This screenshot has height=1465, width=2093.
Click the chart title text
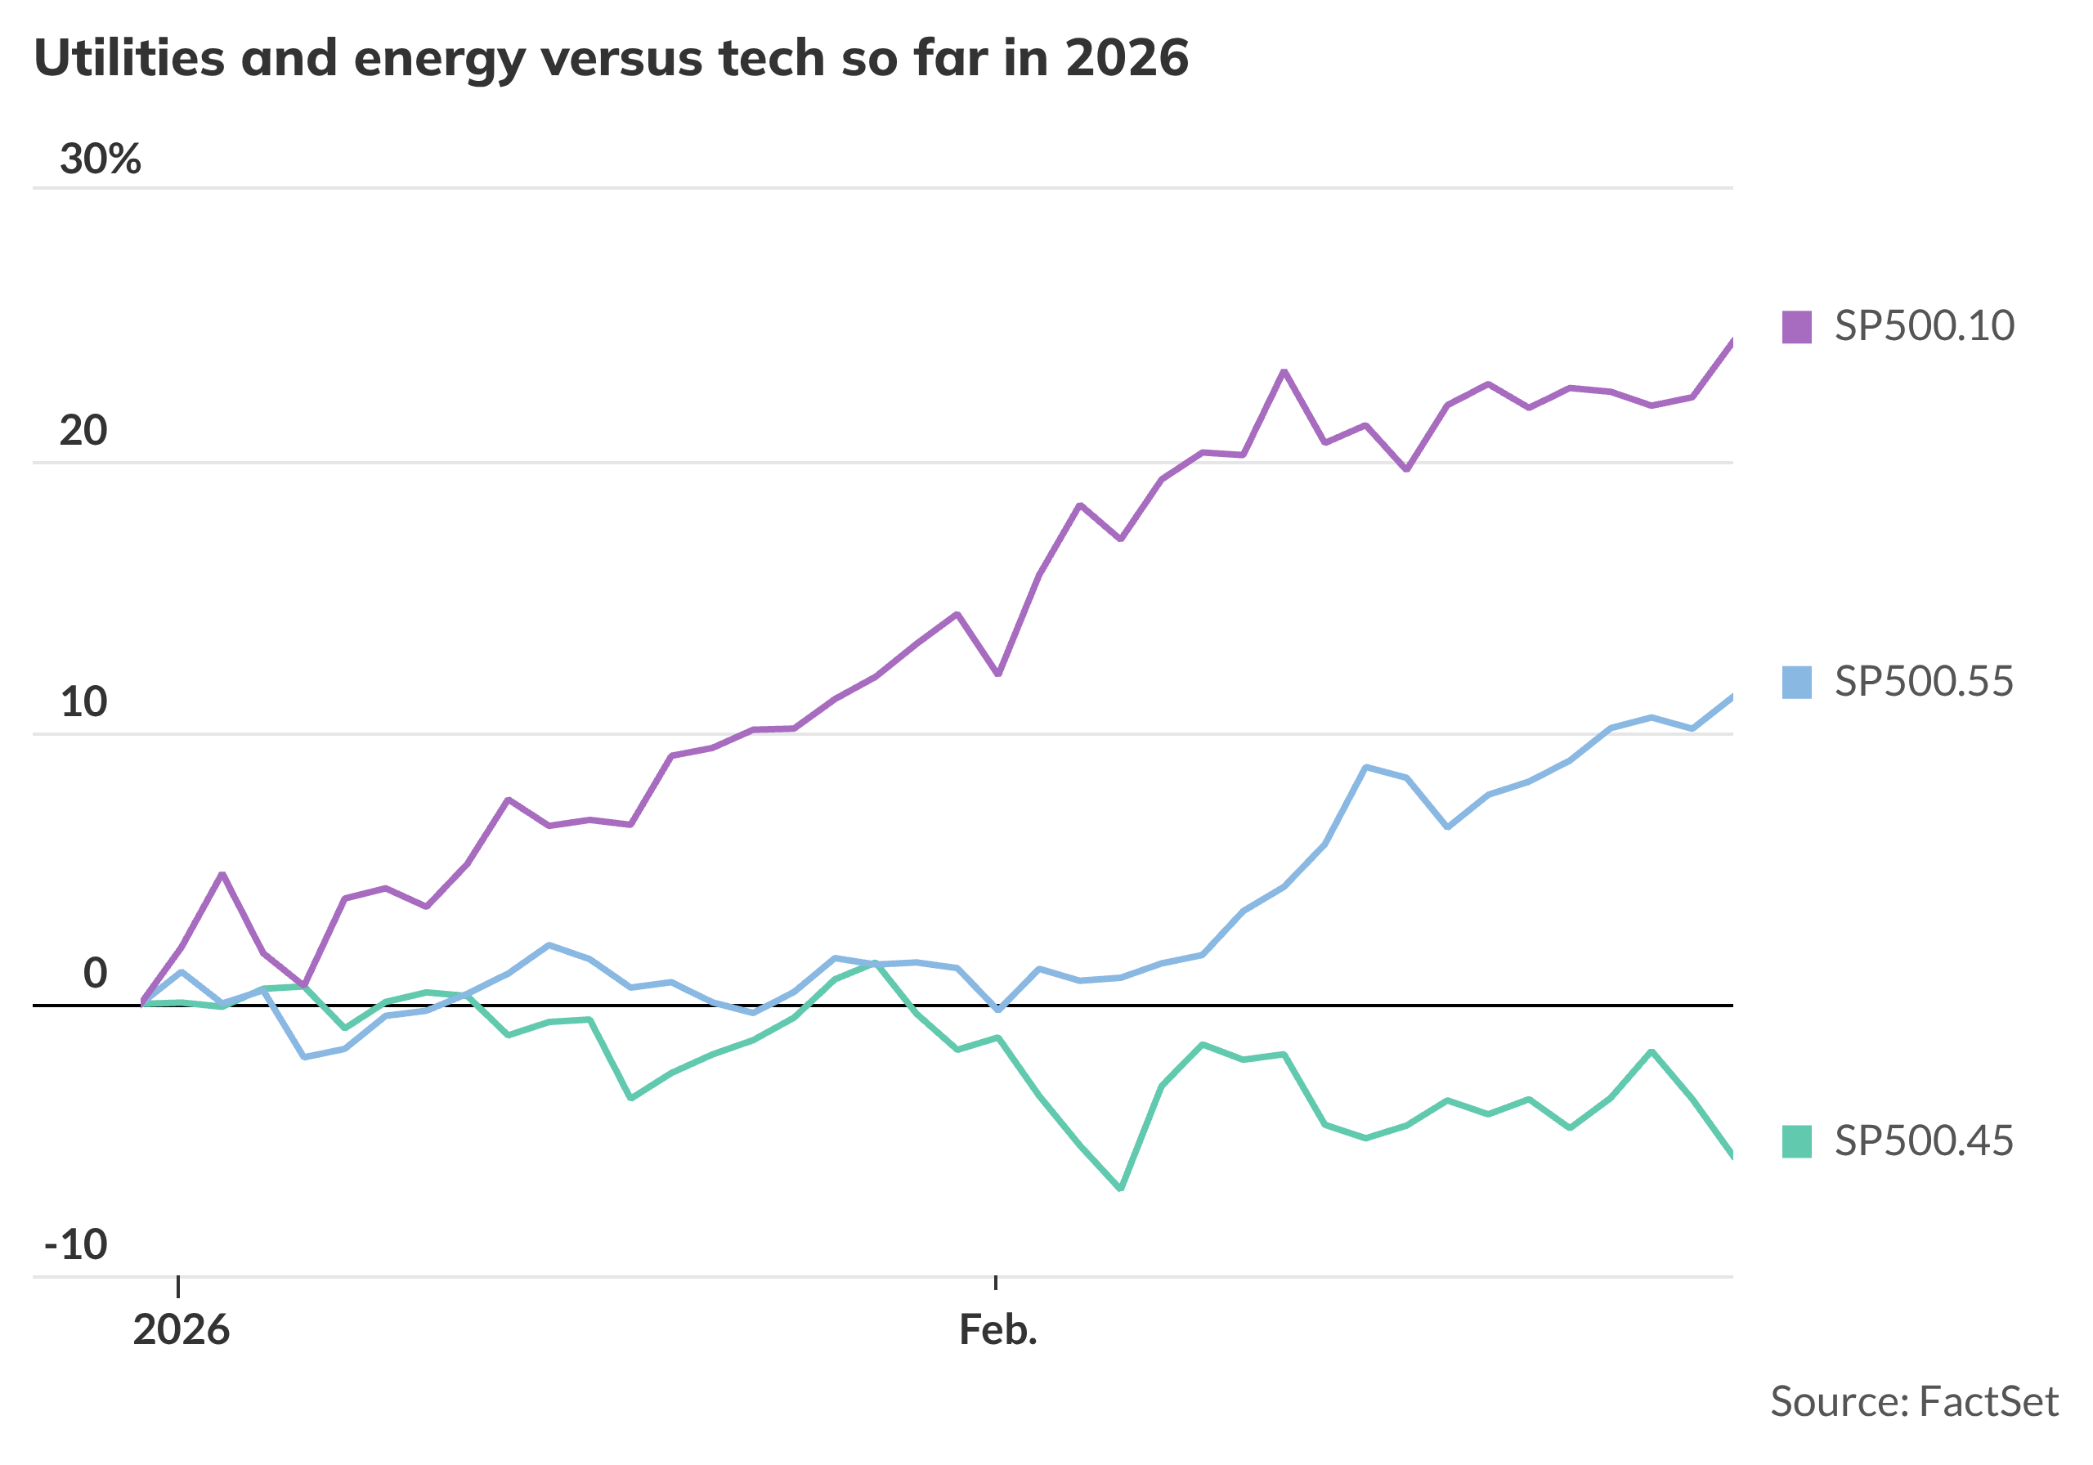[x=611, y=58]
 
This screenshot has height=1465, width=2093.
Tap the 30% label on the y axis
[x=101, y=159]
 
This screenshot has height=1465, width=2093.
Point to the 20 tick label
[x=83, y=430]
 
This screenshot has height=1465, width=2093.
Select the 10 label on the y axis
[x=83, y=702]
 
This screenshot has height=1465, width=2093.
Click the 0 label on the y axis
[x=95, y=974]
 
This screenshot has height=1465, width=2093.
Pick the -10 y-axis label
[x=76, y=1244]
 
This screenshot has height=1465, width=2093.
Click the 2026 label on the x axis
[x=181, y=1330]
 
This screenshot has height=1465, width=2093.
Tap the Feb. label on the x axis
[x=998, y=1330]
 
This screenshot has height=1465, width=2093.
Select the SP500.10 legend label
[x=1925, y=325]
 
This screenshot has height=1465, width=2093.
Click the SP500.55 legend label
[x=1925, y=681]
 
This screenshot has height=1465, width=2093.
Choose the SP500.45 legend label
[x=1925, y=1140]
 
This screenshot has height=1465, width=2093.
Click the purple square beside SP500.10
[x=1797, y=326]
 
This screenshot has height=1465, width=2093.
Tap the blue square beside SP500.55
[x=1797, y=682]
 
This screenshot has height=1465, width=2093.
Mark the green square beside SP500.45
[x=1797, y=1141]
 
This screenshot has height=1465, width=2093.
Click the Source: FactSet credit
[x=1914, y=1402]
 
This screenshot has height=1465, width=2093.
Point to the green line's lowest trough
[x=1120, y=1189]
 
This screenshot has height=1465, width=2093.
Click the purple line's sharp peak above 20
[x=1284, y=371]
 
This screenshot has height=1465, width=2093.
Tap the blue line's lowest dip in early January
[x=303, y=1056]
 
